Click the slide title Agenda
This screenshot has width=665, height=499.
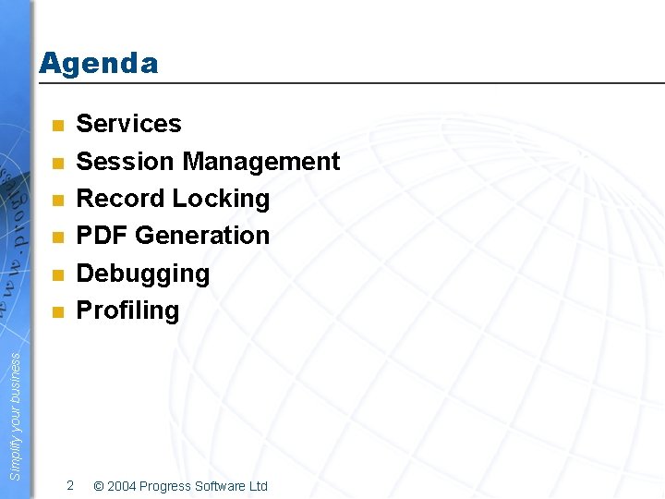(99, 64)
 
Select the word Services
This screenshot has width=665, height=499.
(128, 124)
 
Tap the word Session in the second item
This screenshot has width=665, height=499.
(126, 162)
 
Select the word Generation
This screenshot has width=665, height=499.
(202, 236)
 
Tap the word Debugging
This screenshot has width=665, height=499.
(142, 274)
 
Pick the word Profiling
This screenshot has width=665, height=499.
(127, 310)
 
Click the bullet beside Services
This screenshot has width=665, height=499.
(56, 126)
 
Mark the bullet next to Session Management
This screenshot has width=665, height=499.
(56, 164)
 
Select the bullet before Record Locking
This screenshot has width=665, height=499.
(56, 201)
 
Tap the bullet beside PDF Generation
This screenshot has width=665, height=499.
(56, 237)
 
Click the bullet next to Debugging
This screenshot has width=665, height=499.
(56, 275)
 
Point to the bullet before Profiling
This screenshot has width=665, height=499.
(56, 312)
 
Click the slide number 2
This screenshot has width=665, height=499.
(70, 485)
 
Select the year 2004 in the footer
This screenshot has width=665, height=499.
(123, 486)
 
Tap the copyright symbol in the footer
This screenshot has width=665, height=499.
(99, 486)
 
